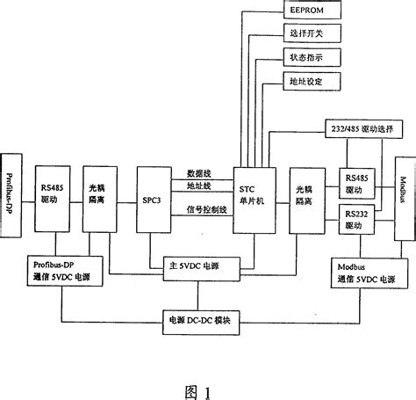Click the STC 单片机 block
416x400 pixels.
tap(254, 186)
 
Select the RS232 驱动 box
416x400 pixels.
tap(354, 217)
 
